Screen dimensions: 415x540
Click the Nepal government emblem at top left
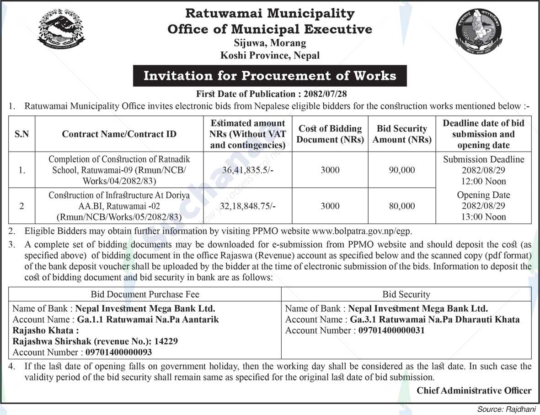point(61,30)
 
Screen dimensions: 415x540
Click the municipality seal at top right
point(479,32)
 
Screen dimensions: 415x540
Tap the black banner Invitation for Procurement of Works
point(270,76)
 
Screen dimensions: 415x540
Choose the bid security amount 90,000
point(402,170)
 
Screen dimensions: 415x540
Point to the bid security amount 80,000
point(402,206)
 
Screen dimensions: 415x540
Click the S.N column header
point(21,134)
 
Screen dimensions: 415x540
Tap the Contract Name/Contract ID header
point(119,134)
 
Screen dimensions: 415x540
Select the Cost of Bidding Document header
point(330,134)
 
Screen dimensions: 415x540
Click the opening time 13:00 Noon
point(483,217)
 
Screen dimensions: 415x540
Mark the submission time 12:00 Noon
point(483,181)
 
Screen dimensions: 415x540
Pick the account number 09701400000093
point(118,352)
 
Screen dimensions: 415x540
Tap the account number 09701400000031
point(391,331)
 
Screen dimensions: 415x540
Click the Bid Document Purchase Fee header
point(145,294)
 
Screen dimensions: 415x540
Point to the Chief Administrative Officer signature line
point(474,390)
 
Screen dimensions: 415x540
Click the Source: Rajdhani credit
point(507,409)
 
